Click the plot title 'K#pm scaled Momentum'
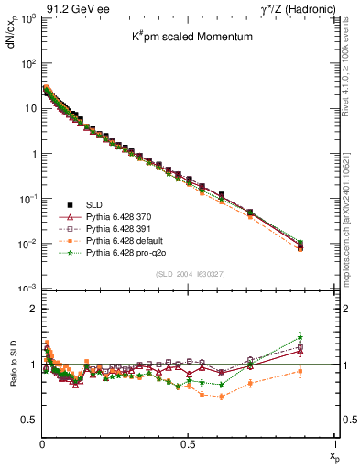pos(188,38)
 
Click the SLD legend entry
pos(95,204)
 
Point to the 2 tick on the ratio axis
pos(33,309)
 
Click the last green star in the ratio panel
pos(300,336)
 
